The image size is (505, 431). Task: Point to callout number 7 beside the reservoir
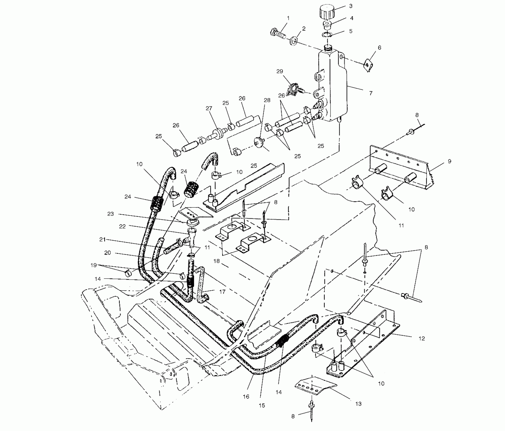tap(371, 93)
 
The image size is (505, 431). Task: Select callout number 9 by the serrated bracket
tap(449, 161)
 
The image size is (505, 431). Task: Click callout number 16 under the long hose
tap(246, 397)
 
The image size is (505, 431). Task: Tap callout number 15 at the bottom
tap(262, 405)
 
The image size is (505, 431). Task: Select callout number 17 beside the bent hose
tap(222, 292)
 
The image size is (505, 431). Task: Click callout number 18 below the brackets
tap(216, 261)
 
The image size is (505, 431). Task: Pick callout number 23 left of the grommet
tap(111, 214)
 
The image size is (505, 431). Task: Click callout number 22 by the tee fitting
tap(122, 226)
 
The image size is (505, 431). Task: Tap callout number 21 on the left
tap(102, 239)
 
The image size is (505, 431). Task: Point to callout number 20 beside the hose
tap(108, 253)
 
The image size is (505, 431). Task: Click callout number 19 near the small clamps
tap(94, 265)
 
